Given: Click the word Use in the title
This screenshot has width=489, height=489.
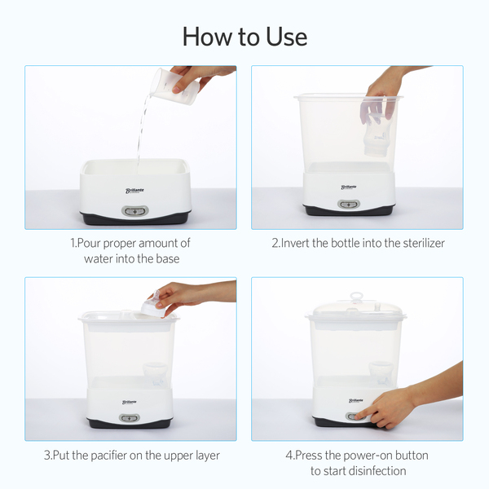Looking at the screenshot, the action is [286, 37].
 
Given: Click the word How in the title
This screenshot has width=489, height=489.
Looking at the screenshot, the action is [208, 37].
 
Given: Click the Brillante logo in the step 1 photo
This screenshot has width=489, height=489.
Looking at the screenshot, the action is [134, 191].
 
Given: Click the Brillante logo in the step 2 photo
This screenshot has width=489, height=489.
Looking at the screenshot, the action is [349, 187].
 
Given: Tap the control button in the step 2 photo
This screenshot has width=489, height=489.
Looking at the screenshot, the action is [349, 205].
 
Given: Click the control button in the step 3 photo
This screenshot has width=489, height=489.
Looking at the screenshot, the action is [130, 418].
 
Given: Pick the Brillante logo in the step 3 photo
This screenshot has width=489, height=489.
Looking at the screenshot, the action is [129, 403].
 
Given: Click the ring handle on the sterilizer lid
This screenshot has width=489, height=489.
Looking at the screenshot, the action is [357, 297].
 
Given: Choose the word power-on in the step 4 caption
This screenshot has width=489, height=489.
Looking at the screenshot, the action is [361, 456].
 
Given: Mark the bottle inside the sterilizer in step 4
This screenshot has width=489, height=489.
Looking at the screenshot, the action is [381, 375].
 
